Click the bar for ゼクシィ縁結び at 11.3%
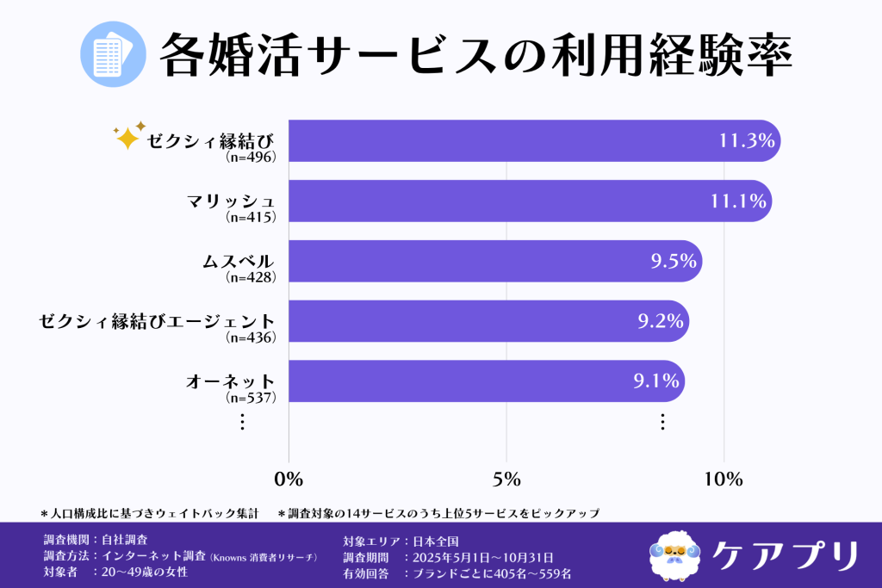[x=517, y=140]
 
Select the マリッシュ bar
[x=517, y=201]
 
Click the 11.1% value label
[x=738, y=201]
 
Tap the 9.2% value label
[x=661, y=322]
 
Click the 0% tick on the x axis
[x=288, y=480]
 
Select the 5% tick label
[x=506, y=480]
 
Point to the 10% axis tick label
[x=724, y=480]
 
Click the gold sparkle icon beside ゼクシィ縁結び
[x=129, y=136]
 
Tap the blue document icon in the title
[x=109, y=54]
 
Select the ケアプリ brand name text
[x=786, y=554]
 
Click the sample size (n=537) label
[x=250, y=398]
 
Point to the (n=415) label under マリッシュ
[x=250, y=217]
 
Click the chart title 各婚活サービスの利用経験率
[x=475, y=54]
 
